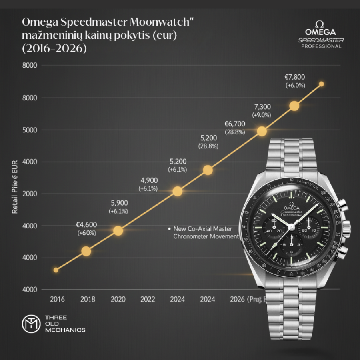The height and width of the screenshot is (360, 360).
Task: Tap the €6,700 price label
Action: coord(235,125)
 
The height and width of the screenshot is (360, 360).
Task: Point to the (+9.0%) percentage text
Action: coord(262,115)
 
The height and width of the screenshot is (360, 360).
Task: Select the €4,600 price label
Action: coord(87,225)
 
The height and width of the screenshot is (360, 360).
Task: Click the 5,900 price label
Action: coord(118,203)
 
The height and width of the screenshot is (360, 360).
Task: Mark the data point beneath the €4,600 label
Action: coord(86,251)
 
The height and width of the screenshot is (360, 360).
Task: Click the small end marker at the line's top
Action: coord(321,84)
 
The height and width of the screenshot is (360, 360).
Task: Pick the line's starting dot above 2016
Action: coord(56,270)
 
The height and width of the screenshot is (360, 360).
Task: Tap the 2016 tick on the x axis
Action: coord(57,299)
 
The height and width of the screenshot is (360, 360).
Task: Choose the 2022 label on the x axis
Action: coord(148,299)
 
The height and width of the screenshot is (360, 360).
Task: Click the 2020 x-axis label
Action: coord(118,299)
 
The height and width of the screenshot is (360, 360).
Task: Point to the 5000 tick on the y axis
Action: coord(30,130)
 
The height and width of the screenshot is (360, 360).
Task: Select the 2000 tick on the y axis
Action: coord(30,194)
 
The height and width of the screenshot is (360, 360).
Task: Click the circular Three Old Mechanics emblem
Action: coord(29,324)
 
